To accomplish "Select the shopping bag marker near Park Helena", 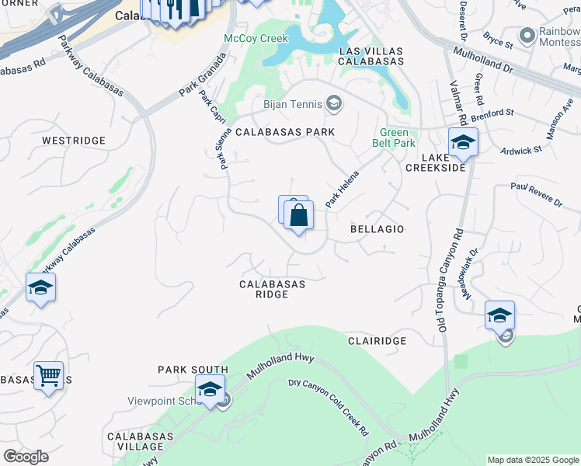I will point(300,215).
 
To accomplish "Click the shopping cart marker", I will point(48,376).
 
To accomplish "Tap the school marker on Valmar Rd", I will point(463,143).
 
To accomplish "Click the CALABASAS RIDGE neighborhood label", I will point(272,289).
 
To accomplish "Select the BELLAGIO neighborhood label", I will point(377,229).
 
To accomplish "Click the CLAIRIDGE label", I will point(377,341).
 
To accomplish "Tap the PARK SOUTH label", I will point(193,370).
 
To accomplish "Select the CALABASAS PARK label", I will point(285,132).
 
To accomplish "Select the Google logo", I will point(26,457).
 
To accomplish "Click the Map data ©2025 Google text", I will point(533,460).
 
